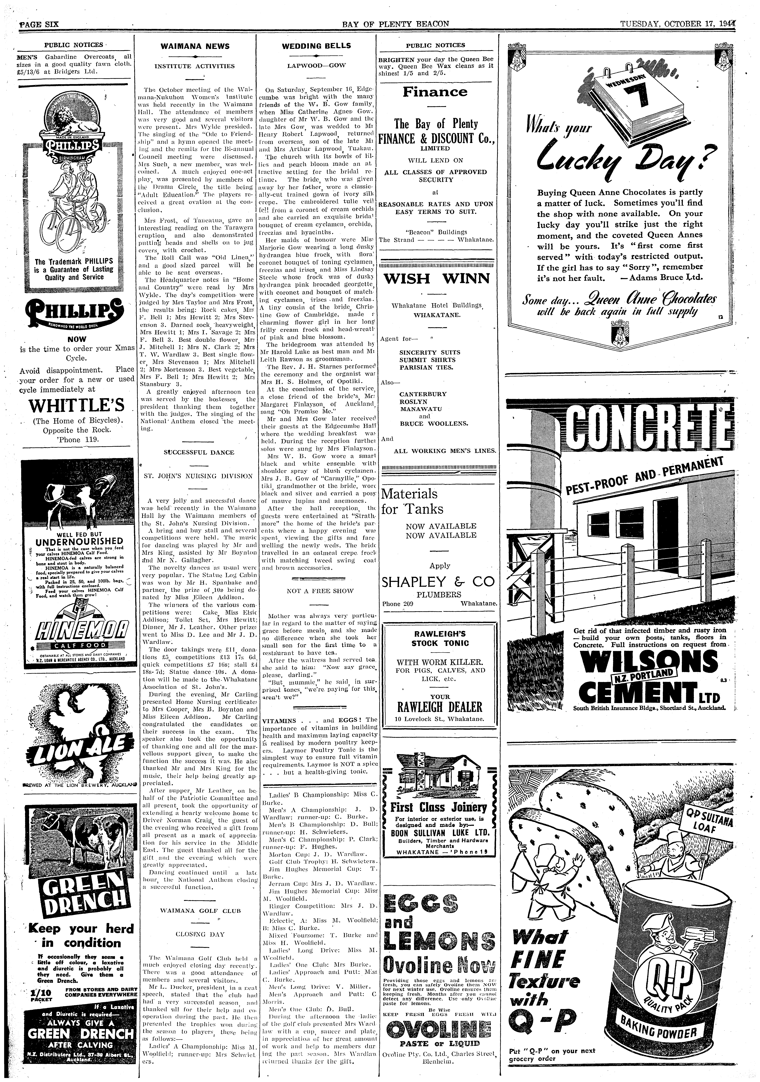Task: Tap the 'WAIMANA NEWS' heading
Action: [195, 46]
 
